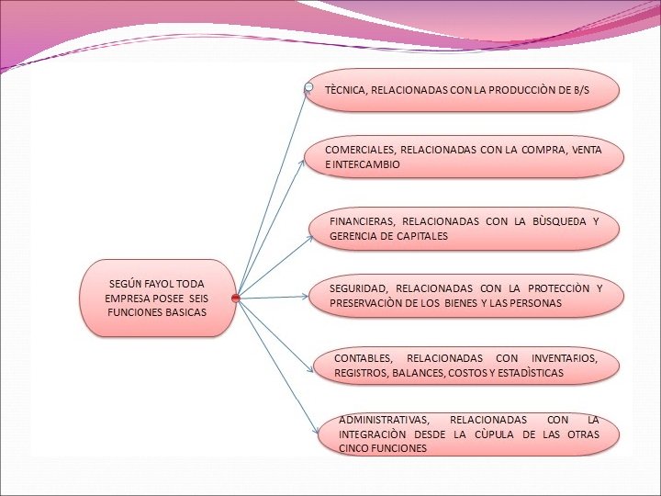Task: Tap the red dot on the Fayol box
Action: (236, 299)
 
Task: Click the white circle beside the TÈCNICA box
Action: (309, 88)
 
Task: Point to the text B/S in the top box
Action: (580, 91)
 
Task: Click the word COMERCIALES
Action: (361, 149)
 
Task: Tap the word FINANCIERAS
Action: (362, 221)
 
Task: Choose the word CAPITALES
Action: (421, 236)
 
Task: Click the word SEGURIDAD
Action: (359, 288)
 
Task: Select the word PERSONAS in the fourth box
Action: (534, 303)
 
